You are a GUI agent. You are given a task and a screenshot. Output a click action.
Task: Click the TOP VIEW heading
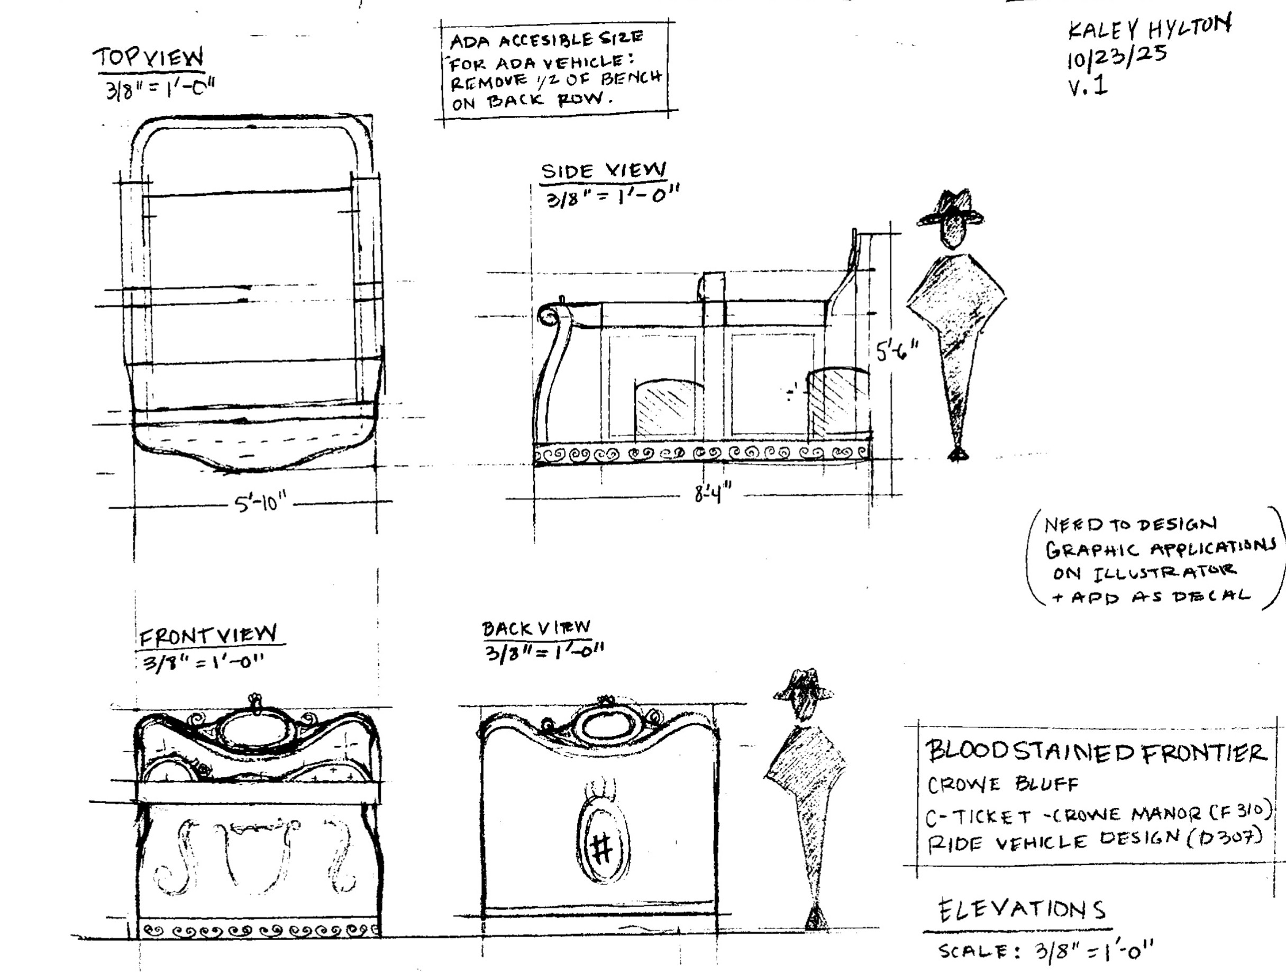(149, 59)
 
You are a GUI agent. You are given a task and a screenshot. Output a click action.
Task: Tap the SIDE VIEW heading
(603, 171)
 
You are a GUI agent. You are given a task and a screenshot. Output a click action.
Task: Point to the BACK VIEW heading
(535, 628)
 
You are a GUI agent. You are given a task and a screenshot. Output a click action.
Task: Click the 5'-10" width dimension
(260, 502)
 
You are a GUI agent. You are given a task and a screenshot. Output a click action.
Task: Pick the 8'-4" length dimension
(712, 494)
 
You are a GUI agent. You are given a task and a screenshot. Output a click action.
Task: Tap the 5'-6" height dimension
(897, 351)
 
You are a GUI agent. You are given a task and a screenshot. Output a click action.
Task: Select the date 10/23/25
(1116, 58)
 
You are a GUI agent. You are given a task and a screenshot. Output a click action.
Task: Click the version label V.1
(1087, 86)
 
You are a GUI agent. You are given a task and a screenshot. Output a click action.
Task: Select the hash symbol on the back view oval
(601, 849)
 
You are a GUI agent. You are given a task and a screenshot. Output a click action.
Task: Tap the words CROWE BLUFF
(1002, 785)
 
